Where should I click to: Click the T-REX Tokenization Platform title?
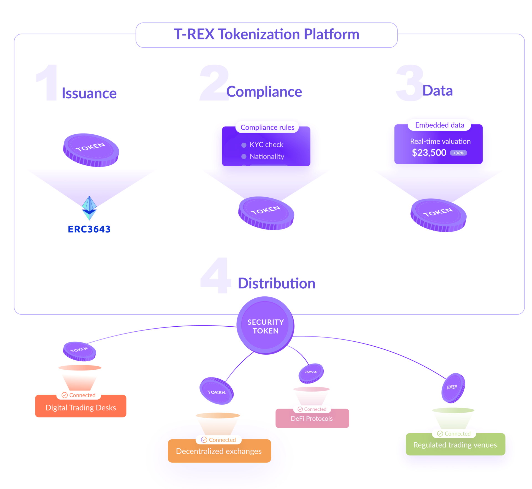(x=266, y=34)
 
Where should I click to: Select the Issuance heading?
(x=89, y=93)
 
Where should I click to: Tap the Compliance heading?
(x=264, y=92)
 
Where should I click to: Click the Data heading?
(x=437, y=90)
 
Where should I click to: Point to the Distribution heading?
(x=276, y=283)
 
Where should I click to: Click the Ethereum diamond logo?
(x=89, y=208)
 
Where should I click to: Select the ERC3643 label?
(x=89, y=229)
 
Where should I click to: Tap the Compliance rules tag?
(x=267, y=127)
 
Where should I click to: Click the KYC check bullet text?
(x=266, y=145)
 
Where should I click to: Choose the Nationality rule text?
(x=267, y=157)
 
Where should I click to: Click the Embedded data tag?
(x=439, y=125)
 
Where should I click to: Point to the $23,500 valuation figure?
(x=429, y=153)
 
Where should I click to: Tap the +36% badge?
(x=458, y=153)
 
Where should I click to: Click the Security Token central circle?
(x=265, y=326)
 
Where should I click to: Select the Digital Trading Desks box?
(x=81, y=407)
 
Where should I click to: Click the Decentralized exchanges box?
(x=219, y=451)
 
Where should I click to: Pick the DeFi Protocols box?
(x=312, y=419)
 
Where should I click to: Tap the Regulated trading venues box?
(x=455, y=445)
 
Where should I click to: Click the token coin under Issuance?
(x=91, y=150)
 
